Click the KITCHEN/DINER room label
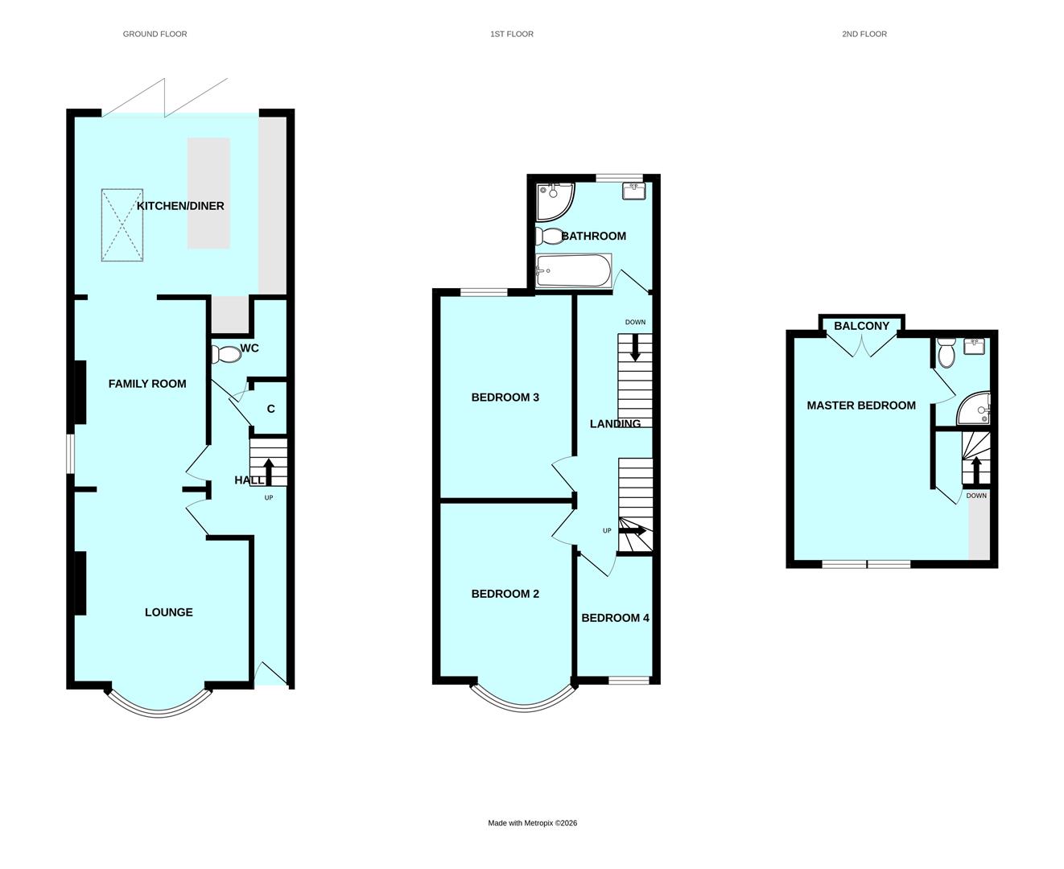coord(180,206)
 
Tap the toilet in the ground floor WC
coord(225,354)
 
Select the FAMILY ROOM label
coord(147,384)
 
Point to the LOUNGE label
coord(168,612)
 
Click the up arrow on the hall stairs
coord(269,472)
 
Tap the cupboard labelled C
coord(270,409)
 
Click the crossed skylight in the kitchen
coord(122,225)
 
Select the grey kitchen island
coord(208,193)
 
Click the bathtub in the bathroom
coord(574,270)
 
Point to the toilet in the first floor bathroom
coord(551,236)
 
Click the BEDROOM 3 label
coord(505,397)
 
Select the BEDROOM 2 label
coord(505,594)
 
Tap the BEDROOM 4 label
coord(615,618)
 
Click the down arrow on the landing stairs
coord(635,348)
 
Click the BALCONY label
coord(861,326)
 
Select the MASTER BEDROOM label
coord(861,406)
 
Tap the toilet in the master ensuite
coord(946,352)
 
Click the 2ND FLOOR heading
coord(864,34)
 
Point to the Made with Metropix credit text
coord(532,823)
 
